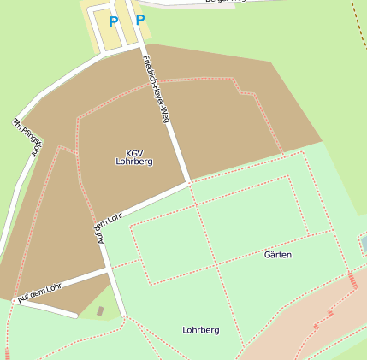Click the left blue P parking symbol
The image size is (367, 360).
[114, 21]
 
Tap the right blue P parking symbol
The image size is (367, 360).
[140, 19]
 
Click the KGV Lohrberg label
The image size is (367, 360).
[134, 156]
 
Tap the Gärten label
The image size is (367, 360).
[278, 255]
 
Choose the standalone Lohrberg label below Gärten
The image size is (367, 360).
[201, 329]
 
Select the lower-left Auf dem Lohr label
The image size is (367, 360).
[40, 292]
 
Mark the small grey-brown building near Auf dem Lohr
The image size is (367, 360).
[100, 310]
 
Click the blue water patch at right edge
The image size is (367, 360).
[364, 245]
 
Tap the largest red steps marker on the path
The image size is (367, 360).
[352, 280]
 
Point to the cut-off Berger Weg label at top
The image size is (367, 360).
[225, 2]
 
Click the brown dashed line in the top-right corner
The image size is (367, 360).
[358, 17]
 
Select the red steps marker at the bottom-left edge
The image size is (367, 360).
[7, 352]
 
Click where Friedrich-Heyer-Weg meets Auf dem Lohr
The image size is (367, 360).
[187, 182]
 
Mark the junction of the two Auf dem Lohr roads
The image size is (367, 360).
[108, 269]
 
